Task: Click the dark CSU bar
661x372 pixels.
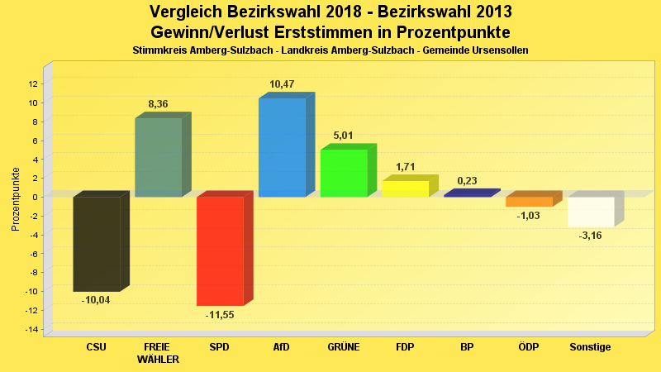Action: click(x=97, y=244)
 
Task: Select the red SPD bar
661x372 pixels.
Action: click(x=220, y=250)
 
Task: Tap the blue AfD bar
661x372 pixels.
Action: click(x=282, y=147)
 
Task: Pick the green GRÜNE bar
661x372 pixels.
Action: click(x=344, y=173)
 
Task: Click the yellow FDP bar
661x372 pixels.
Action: click(x=405, y=188)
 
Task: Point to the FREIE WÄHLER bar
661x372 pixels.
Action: click(x=158, y=157)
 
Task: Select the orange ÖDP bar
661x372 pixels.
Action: click(x=529, y=202)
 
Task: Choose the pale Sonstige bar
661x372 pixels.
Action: click(x=591, y=212)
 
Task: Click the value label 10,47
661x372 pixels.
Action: click(x=282, y=84)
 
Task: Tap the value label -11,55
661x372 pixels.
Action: click(x=221, y=315)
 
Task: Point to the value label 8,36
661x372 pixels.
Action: click(x=159, y=103)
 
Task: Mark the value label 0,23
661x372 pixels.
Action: click(x=467, y=181)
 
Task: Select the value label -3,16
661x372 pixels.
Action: click(x=591, y=236)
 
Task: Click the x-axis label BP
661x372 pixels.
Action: click(x=467, y=347)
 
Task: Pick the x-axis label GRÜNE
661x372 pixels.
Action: click(x=344, y=347)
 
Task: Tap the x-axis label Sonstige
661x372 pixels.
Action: click(x=590, y=347)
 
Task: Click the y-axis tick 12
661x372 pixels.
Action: click(x=33, y=83)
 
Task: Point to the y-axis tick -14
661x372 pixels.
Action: click(x=31, y=330)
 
